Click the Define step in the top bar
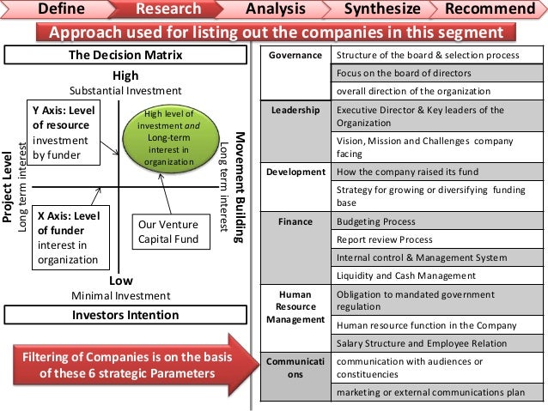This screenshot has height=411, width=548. pos(62,9)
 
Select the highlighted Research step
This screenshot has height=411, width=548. pos(168,9)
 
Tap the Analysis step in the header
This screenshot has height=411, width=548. pos(275,9)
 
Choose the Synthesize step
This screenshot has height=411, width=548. pos(381,9)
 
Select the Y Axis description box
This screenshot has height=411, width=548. pos(63,133)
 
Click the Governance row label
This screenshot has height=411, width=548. pos(295,56)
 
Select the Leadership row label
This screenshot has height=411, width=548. pos(295,111)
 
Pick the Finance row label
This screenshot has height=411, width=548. pos(295,221)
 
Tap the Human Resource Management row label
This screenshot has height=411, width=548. pos(295,305)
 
